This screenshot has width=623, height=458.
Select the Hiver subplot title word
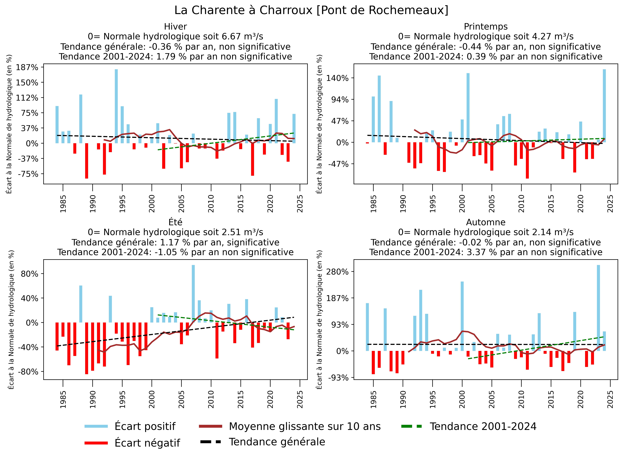(175, 27)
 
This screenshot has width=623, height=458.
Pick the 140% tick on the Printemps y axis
(337, 78)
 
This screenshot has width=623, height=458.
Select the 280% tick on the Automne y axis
(337, 271)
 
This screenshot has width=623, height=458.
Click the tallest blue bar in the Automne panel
(598, 308)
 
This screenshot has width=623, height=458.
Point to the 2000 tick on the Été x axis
(152, 399)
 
